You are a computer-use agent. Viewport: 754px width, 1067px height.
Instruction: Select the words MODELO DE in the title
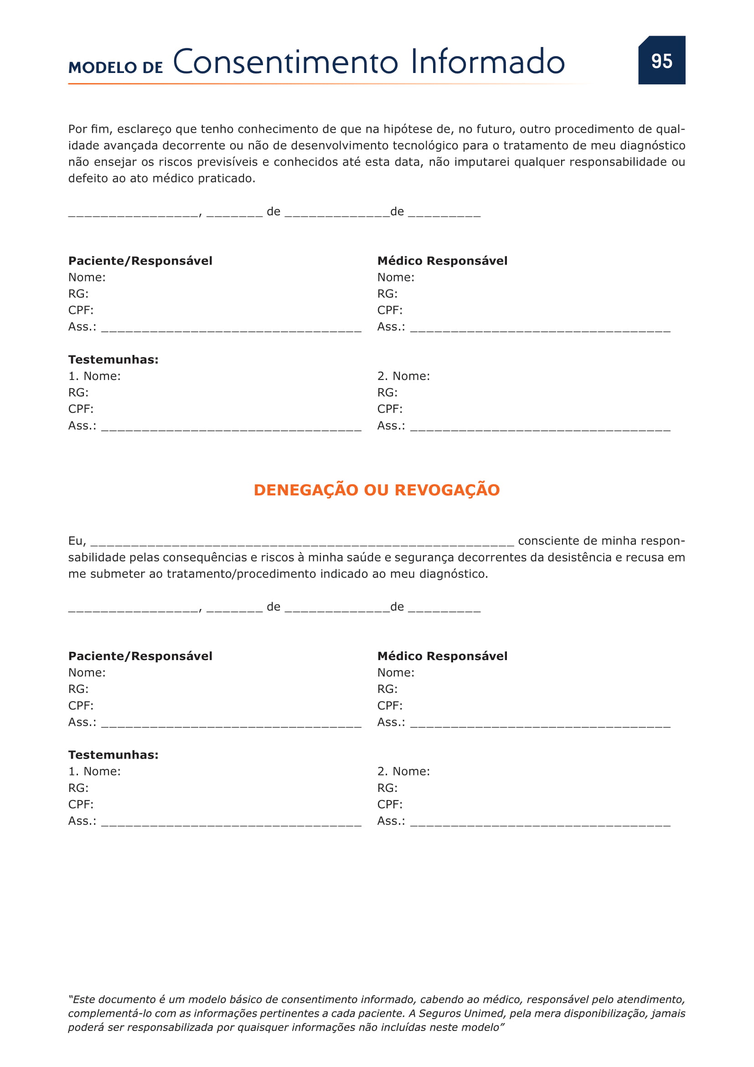click(x=116, y=68)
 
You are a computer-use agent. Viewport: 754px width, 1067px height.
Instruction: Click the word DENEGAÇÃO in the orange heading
click(x=306, y=490)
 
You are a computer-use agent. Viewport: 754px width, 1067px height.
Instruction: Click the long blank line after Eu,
click(x=302, y=542)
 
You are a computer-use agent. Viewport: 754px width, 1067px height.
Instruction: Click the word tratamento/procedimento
click(x=236, y=574)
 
